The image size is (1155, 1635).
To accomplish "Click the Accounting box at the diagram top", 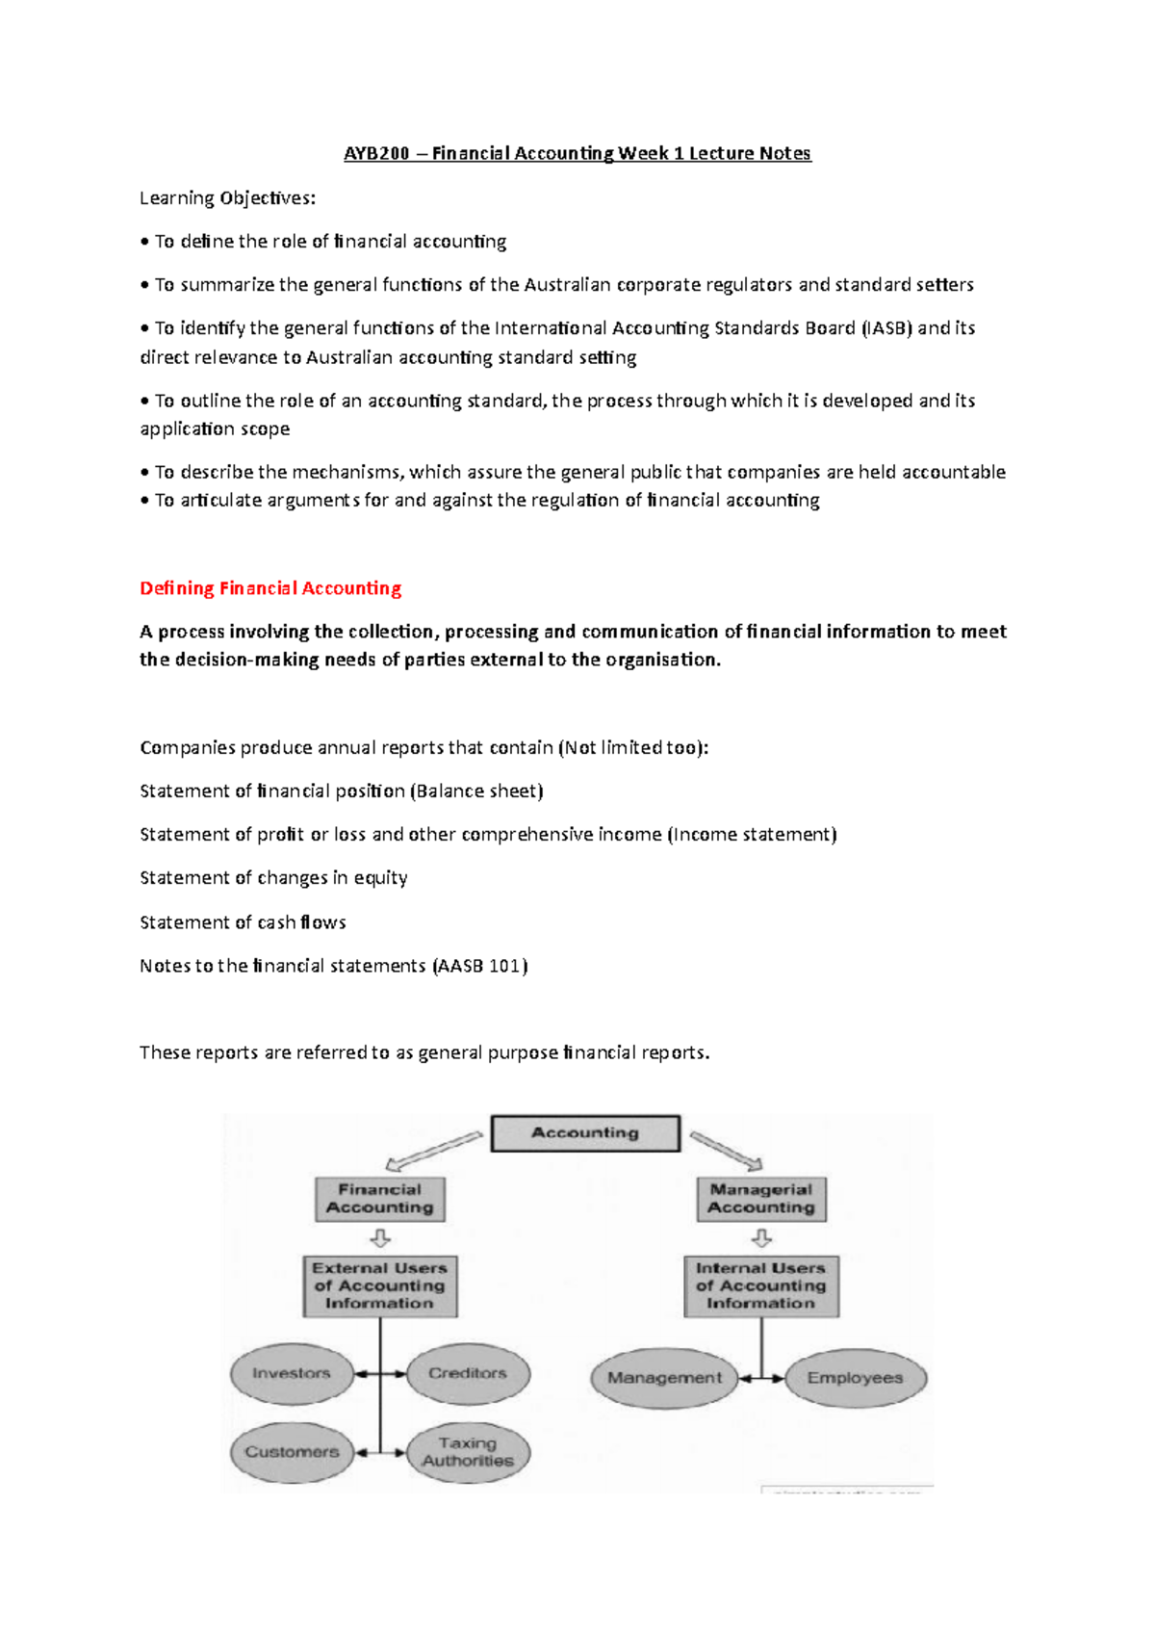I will pyautogui.click(x=585, y=1133).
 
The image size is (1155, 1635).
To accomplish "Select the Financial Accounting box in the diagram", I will pyautogui.click(x=379, y=1199).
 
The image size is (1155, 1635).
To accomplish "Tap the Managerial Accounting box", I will pyautogui.click(x=761, y=1199).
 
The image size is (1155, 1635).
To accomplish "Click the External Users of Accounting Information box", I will pyautogui.click(x=379, y=1285).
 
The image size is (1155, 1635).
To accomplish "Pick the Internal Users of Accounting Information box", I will pyautogui.click(x=761, y=1285).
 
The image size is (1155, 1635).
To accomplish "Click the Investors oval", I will pyautogui.click(x=291, y=1374).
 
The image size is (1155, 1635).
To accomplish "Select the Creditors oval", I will pyautogui.click(x=468, y=1374).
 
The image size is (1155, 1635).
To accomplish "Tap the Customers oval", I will pyautogui.click(x=292, y=1452).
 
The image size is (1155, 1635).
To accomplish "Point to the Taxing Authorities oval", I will pyautogui.click(x=468, y=1452).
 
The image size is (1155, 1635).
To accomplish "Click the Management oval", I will pyautogui.click(x=664, y=1378).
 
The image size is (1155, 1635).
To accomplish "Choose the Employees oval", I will pyautogui.click(x=855, y=1378).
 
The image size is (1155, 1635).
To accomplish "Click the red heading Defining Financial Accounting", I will pyautogui.click(x=270, y=588).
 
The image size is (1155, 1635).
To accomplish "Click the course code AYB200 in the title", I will pyautogui.click(x=376, y=153).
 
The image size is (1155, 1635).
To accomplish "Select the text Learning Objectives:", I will pyautogui.click(x=227, y=198).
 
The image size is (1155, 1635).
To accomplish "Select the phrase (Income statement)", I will pyautogui.click(x=752, y=835).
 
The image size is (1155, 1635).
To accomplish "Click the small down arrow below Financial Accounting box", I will pyautogui.click(x=380, y=1238).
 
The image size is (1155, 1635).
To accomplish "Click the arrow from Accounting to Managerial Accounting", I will pyautogui.click(x=726, y=1150).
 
